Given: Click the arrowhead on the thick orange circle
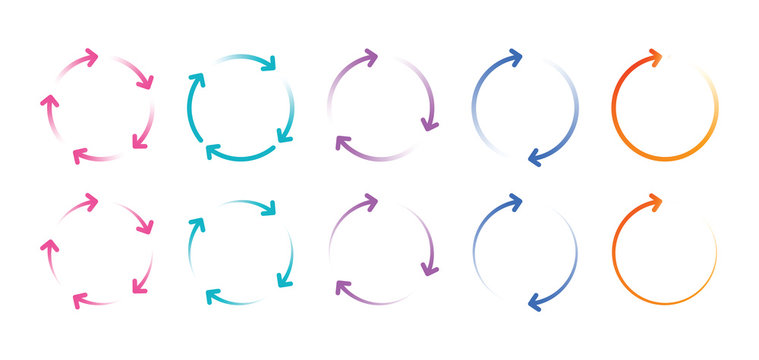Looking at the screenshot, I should (655, 58).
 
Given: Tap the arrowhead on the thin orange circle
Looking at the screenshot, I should (655, 203).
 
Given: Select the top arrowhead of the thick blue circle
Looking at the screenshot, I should (515, 58).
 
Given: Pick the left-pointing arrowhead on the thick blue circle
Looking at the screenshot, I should (535, 156).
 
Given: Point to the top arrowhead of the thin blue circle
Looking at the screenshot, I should (515, 204).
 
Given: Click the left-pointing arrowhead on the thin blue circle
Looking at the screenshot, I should (535, 299).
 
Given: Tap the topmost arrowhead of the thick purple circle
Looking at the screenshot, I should (370, 58).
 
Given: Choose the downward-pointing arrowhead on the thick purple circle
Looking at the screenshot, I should (430, 123).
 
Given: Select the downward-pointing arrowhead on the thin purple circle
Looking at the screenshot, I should (430, 267).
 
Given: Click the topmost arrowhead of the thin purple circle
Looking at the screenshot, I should (370, 203).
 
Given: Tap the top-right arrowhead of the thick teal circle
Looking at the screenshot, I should (268, 65).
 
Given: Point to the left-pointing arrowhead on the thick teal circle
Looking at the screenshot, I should (213, 152).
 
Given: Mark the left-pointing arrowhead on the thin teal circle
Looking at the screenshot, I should (213, 296).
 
